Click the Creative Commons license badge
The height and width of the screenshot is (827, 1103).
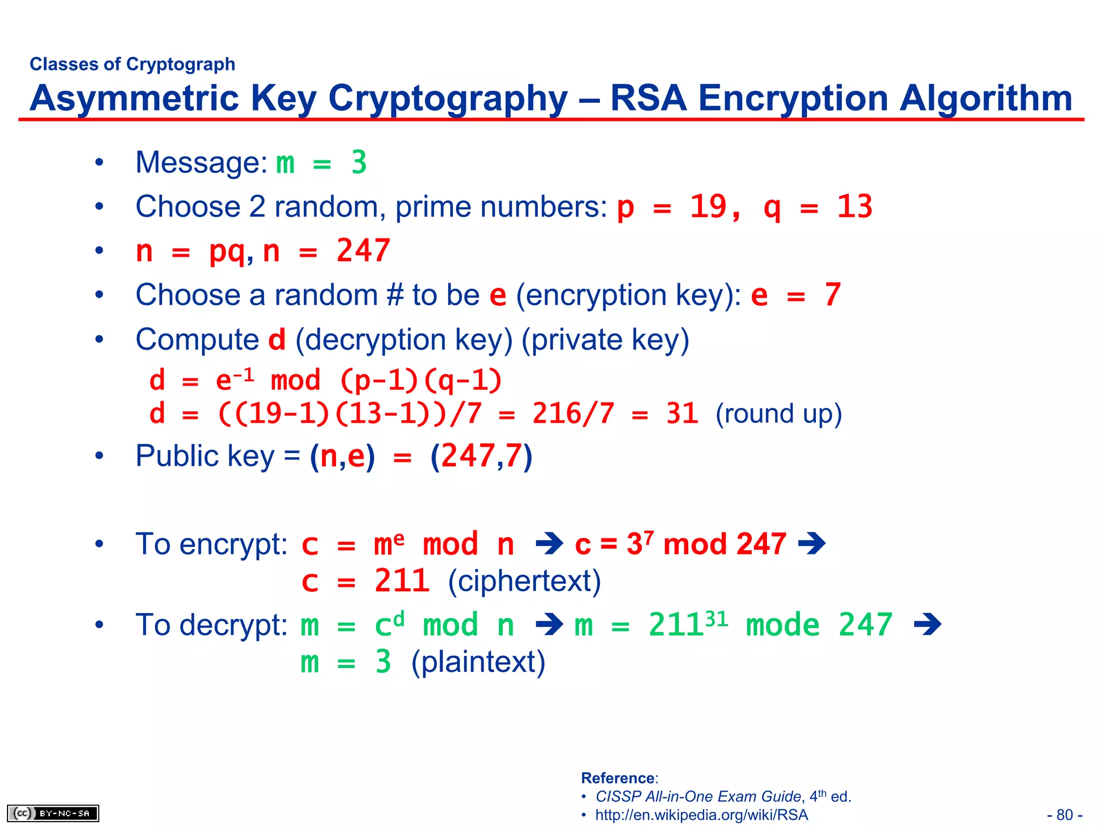(x=53, y=813)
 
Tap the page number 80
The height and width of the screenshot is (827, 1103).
(x=1065, y=815)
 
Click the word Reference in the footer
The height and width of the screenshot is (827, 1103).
(x=618, y=778)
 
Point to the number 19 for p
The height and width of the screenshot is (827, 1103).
(x=708, y=207)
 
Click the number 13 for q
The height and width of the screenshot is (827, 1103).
(x=854, y=207)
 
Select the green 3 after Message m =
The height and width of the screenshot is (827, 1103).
(x=359, y=163)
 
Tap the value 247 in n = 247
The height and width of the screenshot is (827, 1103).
(x=363, y=251)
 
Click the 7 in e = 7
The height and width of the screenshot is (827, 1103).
(x=832, y=295)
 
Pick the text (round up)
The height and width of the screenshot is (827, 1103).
(x=778, y=414)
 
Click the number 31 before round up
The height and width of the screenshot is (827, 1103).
(x=682, y=414)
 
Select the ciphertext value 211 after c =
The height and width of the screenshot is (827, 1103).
(x=402, y=581)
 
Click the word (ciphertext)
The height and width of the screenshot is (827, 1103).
(x=524, y=581)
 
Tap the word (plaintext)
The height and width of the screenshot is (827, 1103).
(x=478, y=662)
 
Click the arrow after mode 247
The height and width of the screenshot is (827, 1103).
(x=927, y=625)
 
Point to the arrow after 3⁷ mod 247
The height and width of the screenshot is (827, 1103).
(x=812, y=544)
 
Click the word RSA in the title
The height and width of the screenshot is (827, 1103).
(x=648, y=99)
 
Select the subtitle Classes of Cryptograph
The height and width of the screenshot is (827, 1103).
(x=132, y=64)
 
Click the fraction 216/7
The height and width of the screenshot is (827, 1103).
(x=573, y=414)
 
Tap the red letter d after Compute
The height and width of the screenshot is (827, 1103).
(x=277, y=340)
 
